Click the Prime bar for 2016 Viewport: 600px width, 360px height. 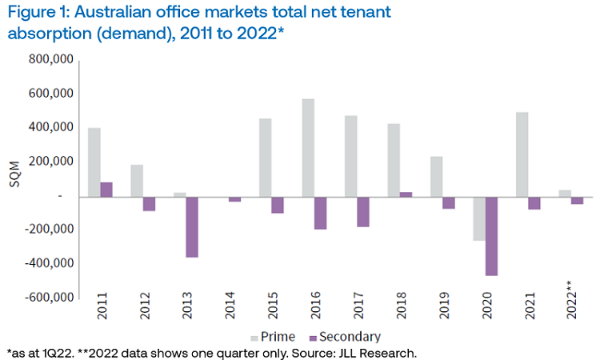click(308, 147)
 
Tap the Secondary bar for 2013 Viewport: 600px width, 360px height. click(192, 226)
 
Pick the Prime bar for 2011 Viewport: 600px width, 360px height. click(94, 162)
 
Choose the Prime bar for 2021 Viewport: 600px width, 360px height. click(522, 154)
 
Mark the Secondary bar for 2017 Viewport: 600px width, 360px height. click(363, 211)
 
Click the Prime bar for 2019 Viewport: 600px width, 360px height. click(437, 176)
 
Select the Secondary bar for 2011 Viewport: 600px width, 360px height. click(106, 189)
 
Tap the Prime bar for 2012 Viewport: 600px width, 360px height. click(137, 180)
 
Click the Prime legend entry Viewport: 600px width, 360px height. click(272, 337)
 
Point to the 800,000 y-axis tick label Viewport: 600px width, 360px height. click(51, 59)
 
